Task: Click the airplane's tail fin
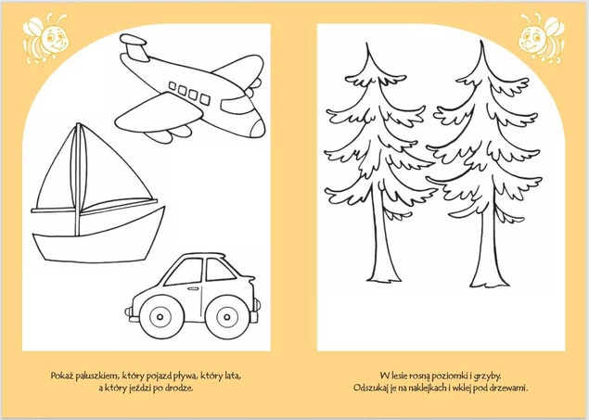click(x=134, y=46)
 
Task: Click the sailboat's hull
click(x=98, y=235)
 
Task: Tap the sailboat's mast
click(x=78, y=180)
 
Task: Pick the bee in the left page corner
click(x=45, y=38)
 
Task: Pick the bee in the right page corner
click(x=542, y=37)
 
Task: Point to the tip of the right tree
click(x=481, y=42)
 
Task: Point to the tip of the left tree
click(x=367, y=44)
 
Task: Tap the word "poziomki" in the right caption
click(x=449, y=376)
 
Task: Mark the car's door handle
click(x=193, y=288)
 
